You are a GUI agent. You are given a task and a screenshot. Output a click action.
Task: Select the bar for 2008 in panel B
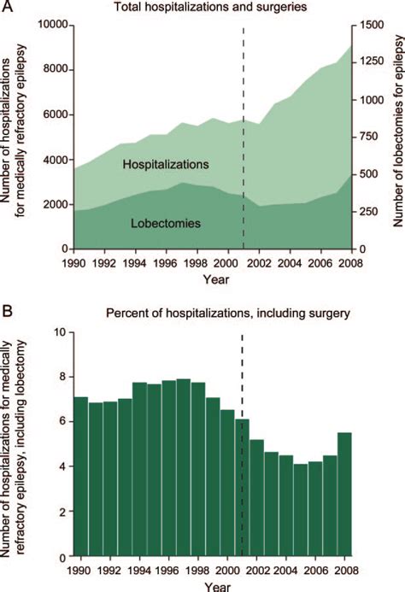point(343,495)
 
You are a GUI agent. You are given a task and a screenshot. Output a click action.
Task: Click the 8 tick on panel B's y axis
point(60,376)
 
